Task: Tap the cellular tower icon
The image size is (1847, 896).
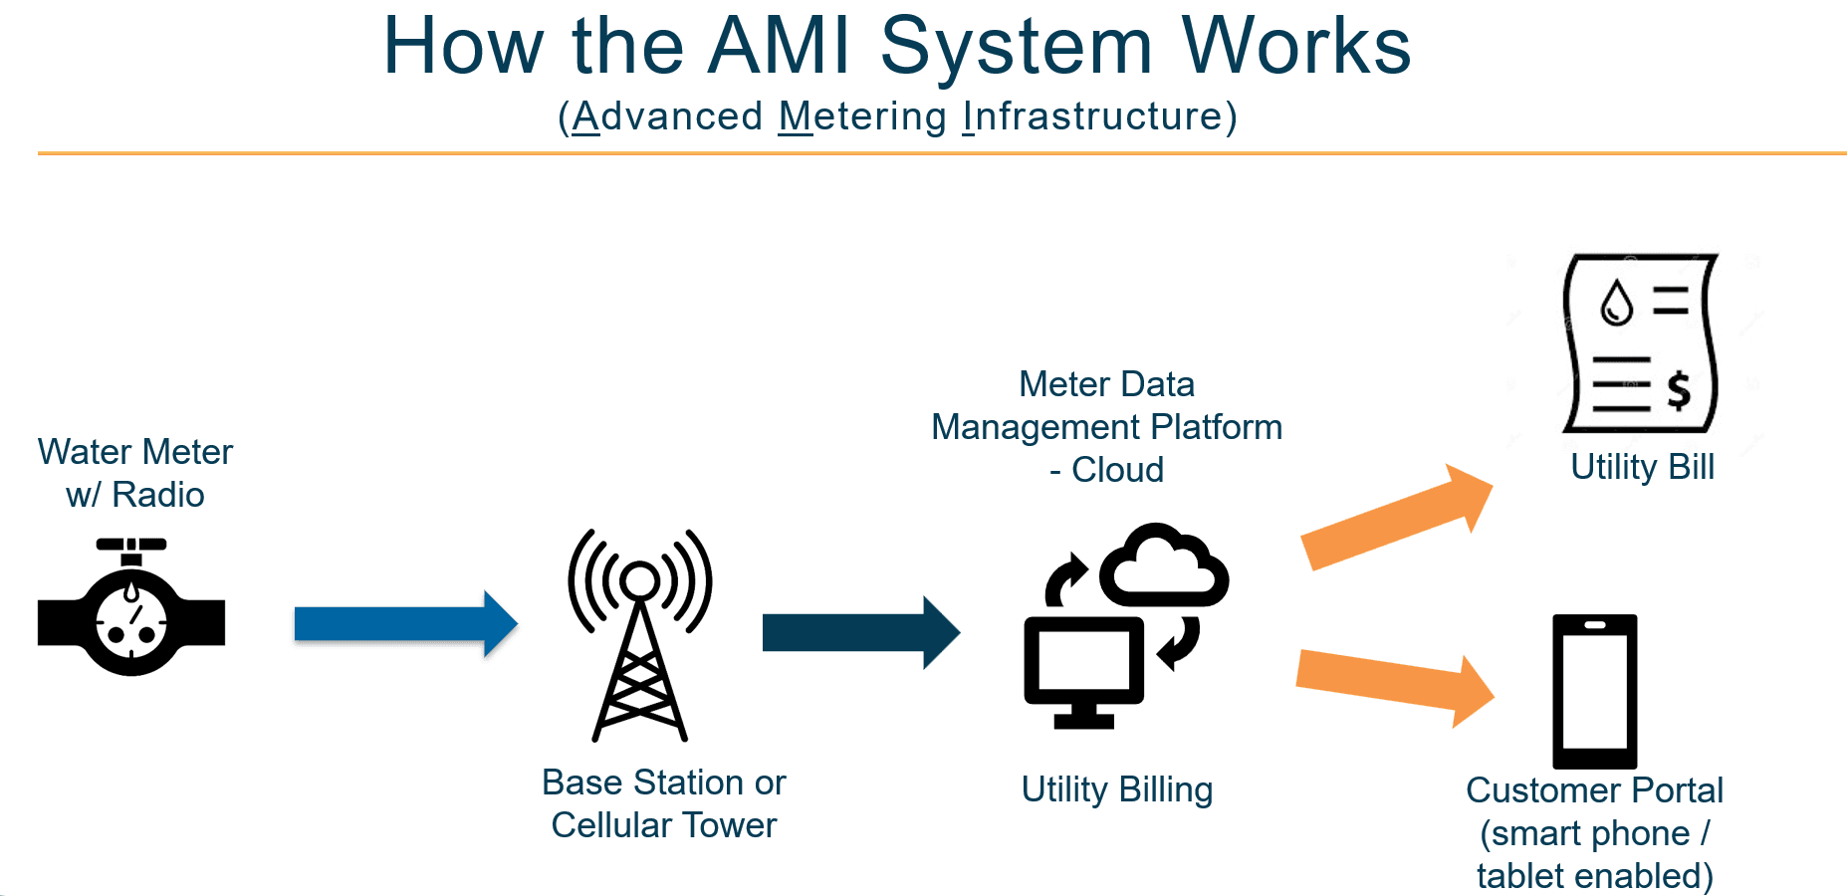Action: point(639,637)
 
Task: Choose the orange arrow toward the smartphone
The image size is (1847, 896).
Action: point(1394,683)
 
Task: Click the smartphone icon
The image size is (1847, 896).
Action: point(1594,691)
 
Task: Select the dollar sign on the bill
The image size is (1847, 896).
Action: point(1679,390)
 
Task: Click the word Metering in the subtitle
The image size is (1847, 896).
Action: point(862,116)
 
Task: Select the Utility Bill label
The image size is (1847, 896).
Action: point(1642,467)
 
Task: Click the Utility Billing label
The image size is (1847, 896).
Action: point(1117,789)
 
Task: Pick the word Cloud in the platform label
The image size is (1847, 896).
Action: point(1117,470)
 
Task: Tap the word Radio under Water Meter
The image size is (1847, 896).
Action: point(157,495)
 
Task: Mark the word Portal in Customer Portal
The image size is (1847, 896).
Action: point(1677,790)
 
